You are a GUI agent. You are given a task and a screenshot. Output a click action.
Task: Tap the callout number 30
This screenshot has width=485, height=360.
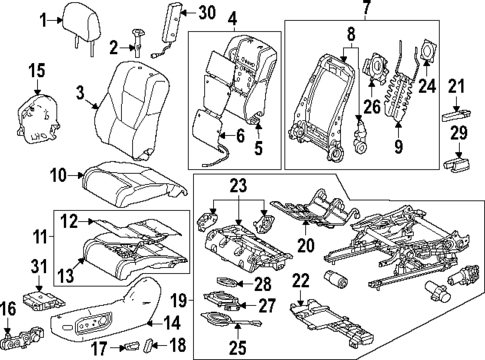[206, 13]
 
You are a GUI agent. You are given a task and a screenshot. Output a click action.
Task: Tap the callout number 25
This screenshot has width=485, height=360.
[237, 347]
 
